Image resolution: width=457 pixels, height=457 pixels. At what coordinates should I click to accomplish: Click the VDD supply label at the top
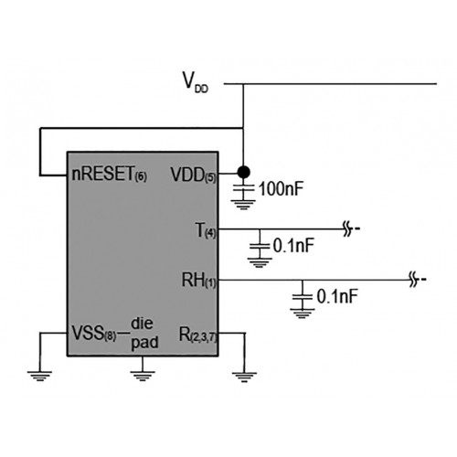196,82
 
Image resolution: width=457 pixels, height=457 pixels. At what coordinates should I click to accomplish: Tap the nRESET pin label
109,174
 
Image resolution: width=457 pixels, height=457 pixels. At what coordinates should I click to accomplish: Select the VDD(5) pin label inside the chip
193,175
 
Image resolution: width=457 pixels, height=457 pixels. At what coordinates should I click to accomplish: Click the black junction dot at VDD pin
243,172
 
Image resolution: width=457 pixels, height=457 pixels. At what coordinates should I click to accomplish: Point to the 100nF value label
282,189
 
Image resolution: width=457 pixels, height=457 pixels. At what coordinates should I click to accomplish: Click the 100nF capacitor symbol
243,189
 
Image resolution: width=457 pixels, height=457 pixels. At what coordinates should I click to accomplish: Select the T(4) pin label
206,230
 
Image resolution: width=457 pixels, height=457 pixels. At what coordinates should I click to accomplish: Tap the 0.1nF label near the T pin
293,246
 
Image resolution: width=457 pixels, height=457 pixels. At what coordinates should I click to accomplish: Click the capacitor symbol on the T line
260,246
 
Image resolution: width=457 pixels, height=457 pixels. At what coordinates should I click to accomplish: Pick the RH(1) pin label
198,281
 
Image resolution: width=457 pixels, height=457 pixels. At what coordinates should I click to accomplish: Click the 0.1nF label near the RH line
337,296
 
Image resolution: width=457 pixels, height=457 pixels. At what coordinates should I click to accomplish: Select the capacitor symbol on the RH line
303,297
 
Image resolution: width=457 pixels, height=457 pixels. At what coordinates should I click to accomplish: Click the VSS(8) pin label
94,333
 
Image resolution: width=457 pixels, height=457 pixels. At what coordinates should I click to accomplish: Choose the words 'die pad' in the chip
144,333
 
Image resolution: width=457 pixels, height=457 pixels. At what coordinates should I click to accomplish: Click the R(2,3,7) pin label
197,335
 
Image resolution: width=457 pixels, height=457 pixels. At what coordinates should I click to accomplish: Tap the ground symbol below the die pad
143,376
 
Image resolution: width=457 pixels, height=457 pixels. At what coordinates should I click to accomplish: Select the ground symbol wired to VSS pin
39,376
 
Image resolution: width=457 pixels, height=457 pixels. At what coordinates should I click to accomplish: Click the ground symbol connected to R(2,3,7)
244,377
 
